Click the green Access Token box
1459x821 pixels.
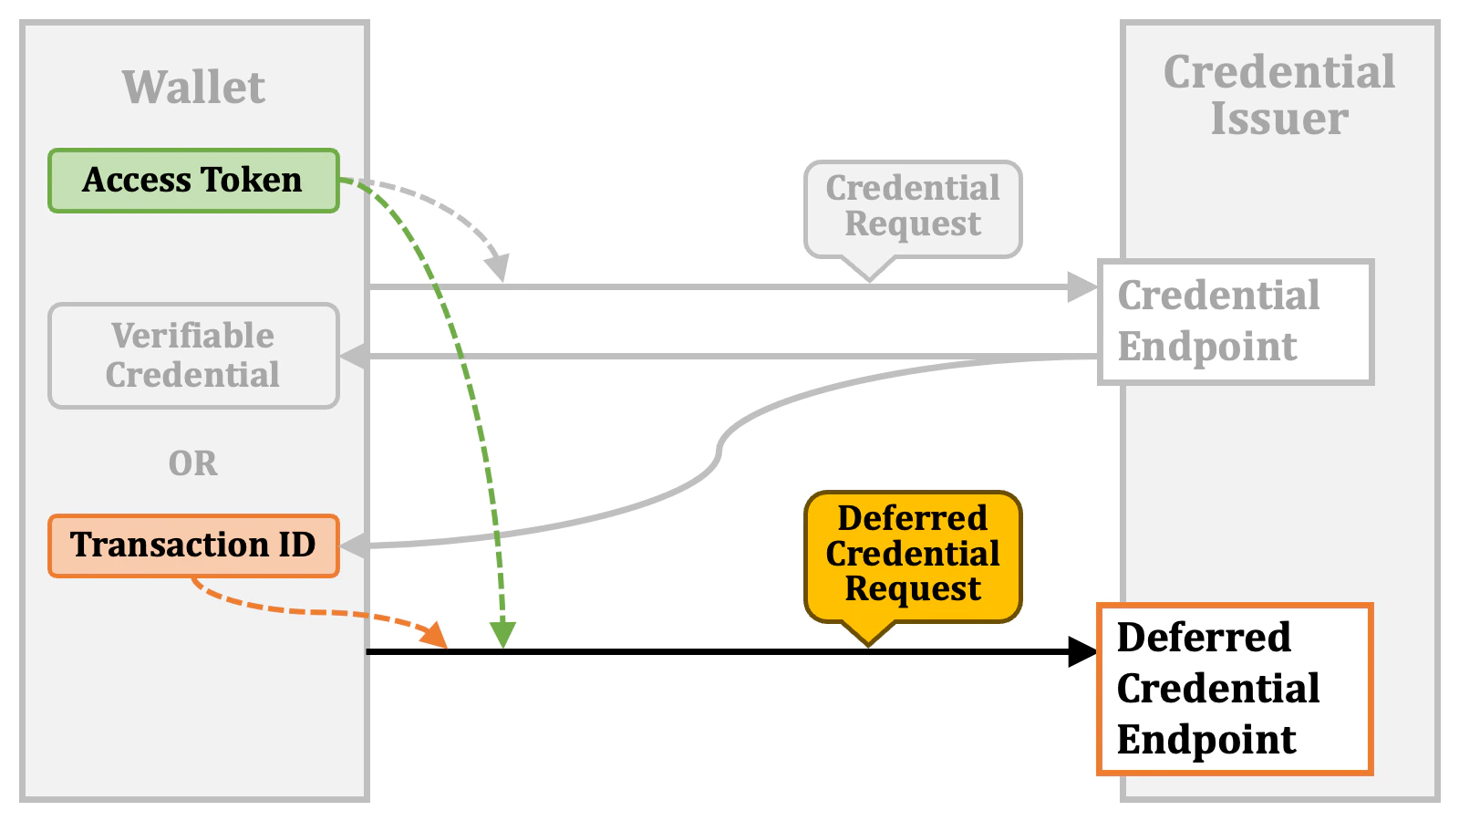click(x=193, y=181)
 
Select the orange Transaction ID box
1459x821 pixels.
click(x=193, y=546)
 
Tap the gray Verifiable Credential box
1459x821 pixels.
click(x=193, y=356)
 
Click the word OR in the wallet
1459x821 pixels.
click(x=193, y=463)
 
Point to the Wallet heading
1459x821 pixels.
click(x=193, y=88)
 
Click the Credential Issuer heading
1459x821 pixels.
click(x=1279, y=95)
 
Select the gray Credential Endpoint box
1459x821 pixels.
click(x=1236, y=321)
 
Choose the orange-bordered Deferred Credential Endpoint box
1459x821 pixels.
click(x=1236, y=689)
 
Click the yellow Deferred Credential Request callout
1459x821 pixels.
click(x=913, y=555)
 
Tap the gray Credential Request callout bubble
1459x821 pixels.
click(x=913, y=207)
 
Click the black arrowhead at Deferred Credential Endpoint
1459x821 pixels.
click(x=1083, y=652)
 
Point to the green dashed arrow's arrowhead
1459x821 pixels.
click(x=502, y=635)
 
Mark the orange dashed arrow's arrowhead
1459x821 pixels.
click(x=437, y=636)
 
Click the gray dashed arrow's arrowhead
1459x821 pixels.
click(x=498, y=268)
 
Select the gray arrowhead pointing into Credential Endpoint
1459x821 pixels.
click(x=1082, y=287)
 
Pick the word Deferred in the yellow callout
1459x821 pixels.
click(x=913, y=518)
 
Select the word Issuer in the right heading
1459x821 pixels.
click(x=1279, y=119)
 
